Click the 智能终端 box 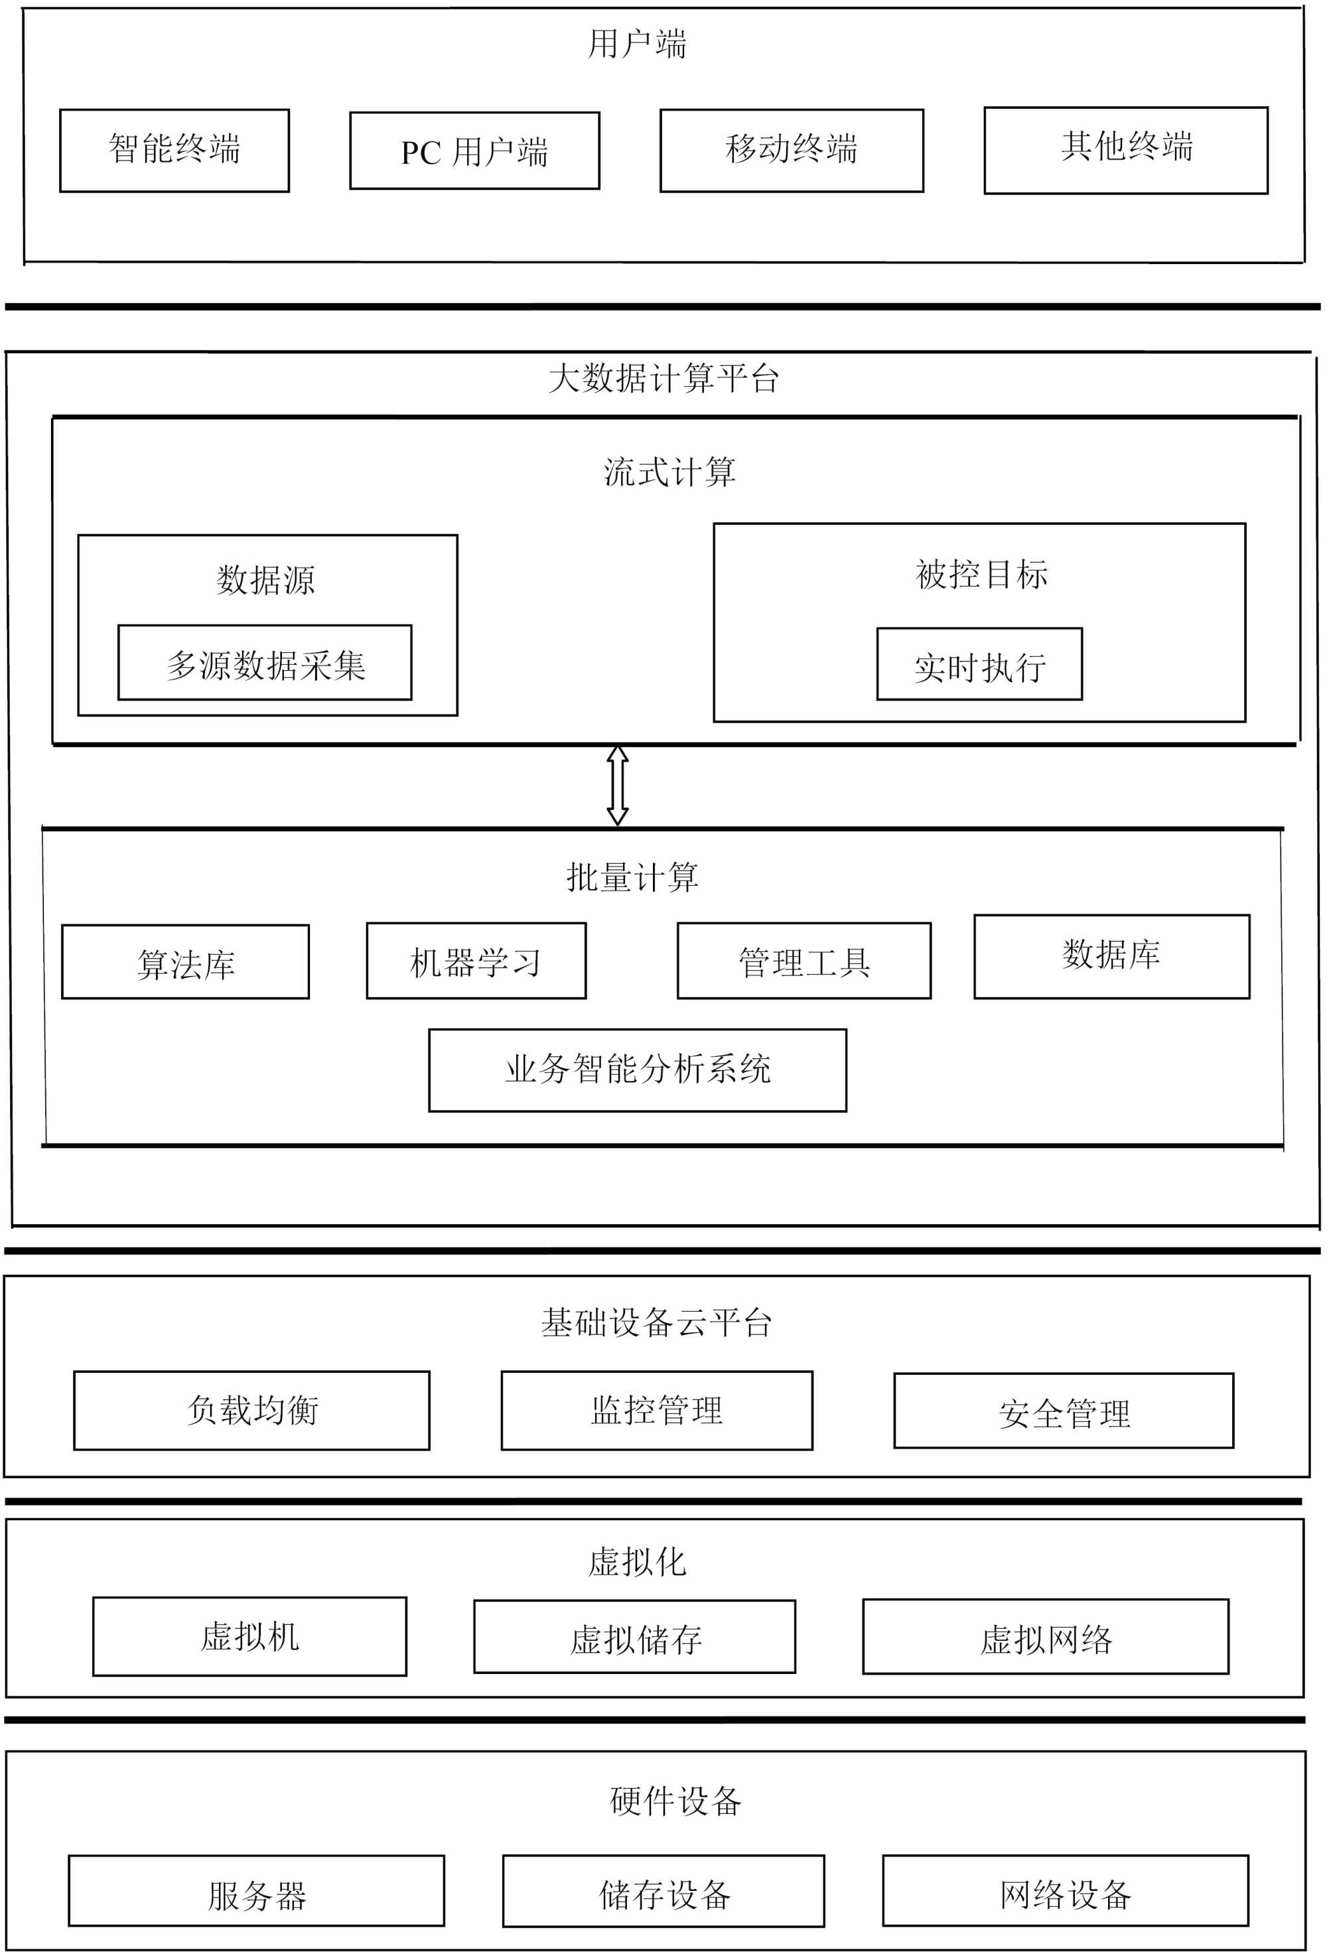[174, 151]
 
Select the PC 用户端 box [474, 151]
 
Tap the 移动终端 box [791, 151]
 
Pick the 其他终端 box [1125, 151]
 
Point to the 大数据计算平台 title [663, 378]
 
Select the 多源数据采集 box [265, 663]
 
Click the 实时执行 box [979, 664]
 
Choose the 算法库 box [186, 961]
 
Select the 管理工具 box [803, 961]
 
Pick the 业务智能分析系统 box [638, 1070]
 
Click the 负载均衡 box [252, 1410]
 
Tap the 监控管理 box [657, 1410]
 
